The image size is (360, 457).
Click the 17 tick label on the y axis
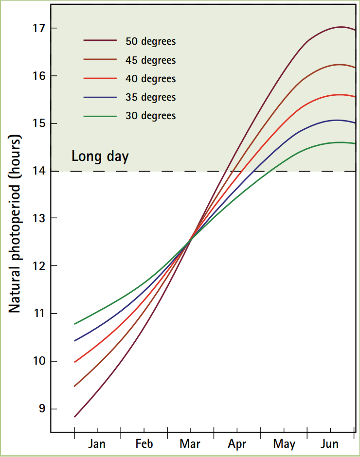pos(38,28)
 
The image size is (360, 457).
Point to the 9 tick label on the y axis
pos(41,409)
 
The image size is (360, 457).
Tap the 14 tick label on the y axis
pos(38,171)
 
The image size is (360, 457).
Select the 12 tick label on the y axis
pos(38,266)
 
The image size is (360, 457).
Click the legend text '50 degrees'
pos(151,41)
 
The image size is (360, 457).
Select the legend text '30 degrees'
pos(151,116)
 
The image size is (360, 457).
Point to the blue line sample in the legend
pos(100,97)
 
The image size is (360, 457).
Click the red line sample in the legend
pos(100,79)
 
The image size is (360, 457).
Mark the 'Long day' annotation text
pos(100,157)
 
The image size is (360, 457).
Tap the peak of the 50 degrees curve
pos(340,27)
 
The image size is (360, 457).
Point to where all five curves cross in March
pos(190,240)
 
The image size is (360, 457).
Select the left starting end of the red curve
pos(74,362)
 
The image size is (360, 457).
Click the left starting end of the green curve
pos(74,324)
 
